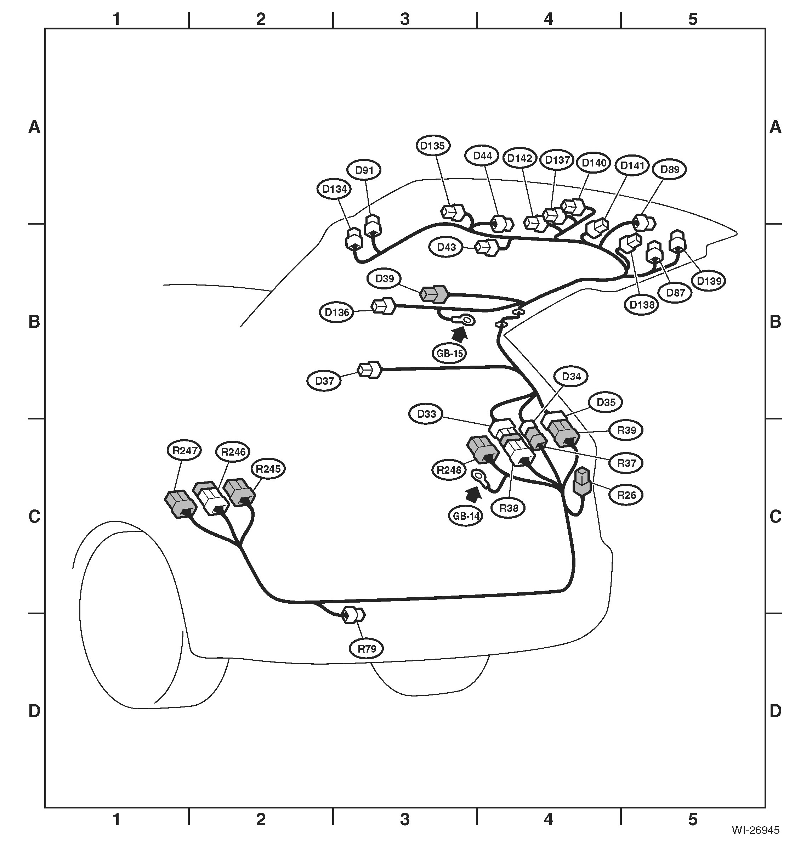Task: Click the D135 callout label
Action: (x=432, y=146)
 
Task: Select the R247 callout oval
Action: (x=185, y=450)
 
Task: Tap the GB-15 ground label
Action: (x=450, y=353)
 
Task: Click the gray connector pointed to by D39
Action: (x=434, y=294)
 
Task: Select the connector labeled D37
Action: (x=369, y=370)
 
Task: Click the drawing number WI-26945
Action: (x=755, y=842)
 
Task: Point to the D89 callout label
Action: (x=670, y=169)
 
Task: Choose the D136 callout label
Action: (x=337, y=312)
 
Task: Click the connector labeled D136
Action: (x=384, y=306)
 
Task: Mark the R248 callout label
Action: (x=449, y=469)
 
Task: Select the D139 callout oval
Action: (x=709, y=281)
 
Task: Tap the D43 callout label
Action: (x=446, y=247)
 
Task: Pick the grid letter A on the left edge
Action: (x=34, y=127)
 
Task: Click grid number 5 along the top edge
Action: (x=693, y=19)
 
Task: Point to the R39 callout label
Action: (x=626, y=430)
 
